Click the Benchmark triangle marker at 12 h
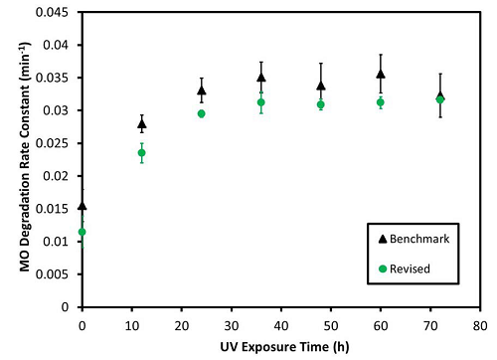[141, 124]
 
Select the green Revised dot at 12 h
[141, 152]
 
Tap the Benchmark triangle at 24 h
[202, 90]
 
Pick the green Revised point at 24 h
[202, 113]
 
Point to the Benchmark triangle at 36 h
[261, 78]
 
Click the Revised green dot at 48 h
[320, 104]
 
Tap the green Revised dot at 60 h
[380, 102]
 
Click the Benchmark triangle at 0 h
[83, 206]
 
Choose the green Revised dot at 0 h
[83, 232]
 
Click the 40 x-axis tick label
[280, 324]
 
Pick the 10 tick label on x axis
[131, 324]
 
